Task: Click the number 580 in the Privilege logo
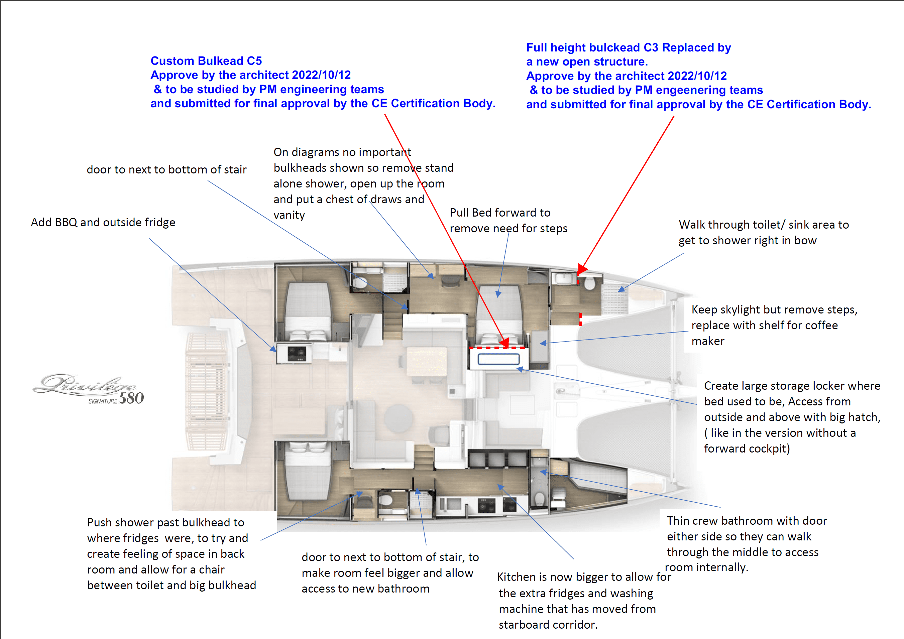131,398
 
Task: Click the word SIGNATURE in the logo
103,401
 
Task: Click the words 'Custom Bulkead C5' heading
206,61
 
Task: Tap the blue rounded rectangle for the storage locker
498,359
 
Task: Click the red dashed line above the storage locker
497,348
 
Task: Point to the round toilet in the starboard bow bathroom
589,283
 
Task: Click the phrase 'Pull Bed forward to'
500,213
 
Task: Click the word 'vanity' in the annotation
290,215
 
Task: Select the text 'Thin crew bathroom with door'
747,521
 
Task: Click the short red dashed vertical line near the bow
581,319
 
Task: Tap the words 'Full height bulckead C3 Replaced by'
629,47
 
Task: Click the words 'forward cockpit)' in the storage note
747,449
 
